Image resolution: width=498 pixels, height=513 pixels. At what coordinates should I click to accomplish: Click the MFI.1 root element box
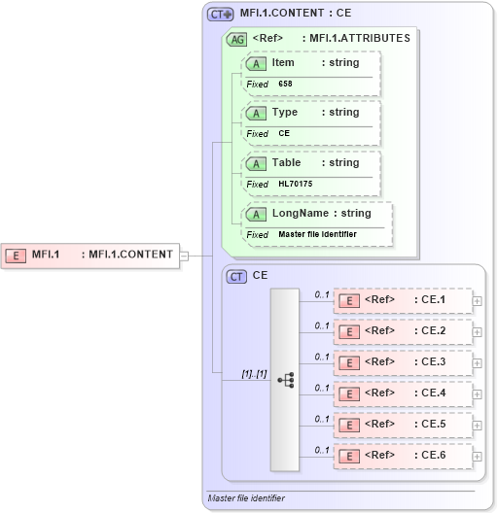pyautogui.click(x=91, y=256)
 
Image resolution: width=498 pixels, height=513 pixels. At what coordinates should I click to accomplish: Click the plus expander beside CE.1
pyautogui.click(x=477, y=300)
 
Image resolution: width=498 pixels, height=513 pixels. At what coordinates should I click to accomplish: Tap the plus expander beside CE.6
pyautogui.click(x=477, y=456)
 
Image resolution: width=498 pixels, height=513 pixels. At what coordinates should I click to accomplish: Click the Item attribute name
pyautogui.click(x=283, y=62)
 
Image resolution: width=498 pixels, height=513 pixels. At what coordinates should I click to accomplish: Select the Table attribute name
pyautogui.click(x=286, y=163)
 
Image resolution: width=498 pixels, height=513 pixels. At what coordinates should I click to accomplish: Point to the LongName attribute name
pyautogui.click(x=302, y=214)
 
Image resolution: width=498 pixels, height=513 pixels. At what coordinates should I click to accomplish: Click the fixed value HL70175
pyautogui.click(x=293, y=184)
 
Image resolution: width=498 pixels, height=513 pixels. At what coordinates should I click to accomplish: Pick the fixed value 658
pyautogui.click(x=285, y=84)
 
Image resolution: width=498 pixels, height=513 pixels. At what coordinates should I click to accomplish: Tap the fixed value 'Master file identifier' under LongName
pyautogui.click(x=317, y=234)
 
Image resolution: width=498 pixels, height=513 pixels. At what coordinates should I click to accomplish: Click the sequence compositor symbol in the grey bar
pyautogui.click(x=285, y=380)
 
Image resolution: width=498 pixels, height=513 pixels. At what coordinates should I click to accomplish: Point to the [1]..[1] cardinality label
pyautogui.click(x=254, y=374)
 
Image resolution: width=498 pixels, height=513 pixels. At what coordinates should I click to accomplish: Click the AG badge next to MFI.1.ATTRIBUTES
pyautogui.click(x=235, y=39)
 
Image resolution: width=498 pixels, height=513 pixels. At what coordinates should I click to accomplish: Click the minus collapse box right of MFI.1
pyautogui.click(x=185, y=256)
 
